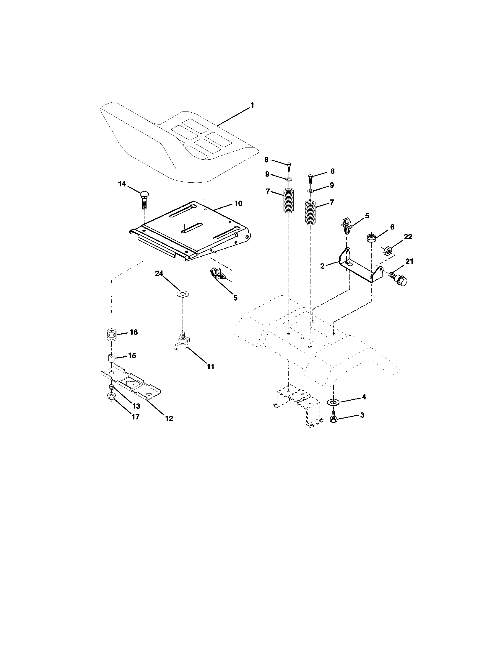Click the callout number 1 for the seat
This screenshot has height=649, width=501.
point(252,105)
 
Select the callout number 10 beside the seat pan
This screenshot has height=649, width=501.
point(238,204)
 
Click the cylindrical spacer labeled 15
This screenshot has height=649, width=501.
point(111,358)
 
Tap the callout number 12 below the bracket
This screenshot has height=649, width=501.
point(169,418)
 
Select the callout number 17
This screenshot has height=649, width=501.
point(135,417)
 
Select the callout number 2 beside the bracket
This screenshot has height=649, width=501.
point(322,266)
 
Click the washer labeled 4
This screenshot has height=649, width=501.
point(333,402)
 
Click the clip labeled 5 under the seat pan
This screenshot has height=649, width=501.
point(219,274)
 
